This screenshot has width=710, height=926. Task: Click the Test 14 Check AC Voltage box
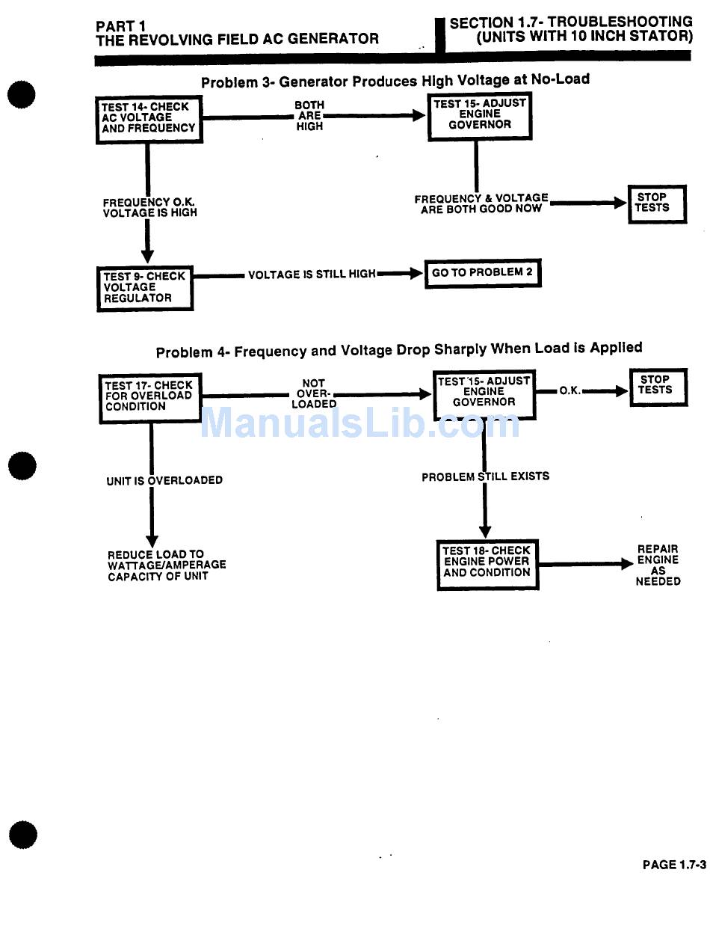[x=149, y=118]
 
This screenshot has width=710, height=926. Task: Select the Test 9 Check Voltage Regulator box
[x=145, y=288]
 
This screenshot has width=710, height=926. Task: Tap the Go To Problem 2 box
[x=482, y=273]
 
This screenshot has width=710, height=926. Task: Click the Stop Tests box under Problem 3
[x=656, y=203]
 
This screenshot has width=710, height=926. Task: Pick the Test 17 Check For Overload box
[x=149, y=396]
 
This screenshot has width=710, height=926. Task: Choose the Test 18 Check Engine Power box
[x=487, y=562]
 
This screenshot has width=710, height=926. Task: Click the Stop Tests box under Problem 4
[x=657, y=385]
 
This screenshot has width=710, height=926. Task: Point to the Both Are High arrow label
[x=309, y=116]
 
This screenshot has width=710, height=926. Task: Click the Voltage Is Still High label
[x=312, y=275]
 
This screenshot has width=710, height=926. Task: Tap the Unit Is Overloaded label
[x=164, y=480]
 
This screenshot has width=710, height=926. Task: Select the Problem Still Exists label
[x=485, y=476]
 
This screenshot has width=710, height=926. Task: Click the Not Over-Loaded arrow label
[x=314, y=393]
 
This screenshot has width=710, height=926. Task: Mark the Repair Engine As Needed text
[x=658, y=565]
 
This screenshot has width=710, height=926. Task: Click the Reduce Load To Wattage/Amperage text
[x=167, y=565]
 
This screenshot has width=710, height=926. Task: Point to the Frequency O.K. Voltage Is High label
[x=149, y=207]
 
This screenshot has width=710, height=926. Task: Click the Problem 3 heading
[x=395, y=80]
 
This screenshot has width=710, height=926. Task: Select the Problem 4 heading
[x=398, y=349]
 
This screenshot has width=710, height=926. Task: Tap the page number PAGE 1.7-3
[x=673, y=865]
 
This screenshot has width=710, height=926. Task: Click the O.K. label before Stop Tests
[x=570, y=390]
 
